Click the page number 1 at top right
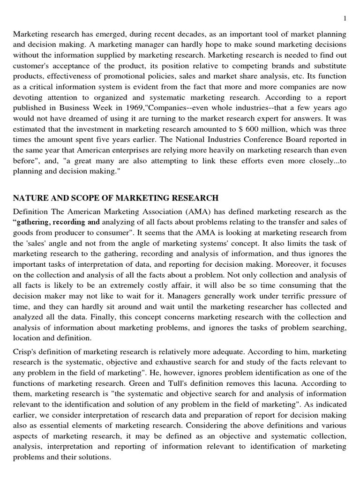click(345, 18)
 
